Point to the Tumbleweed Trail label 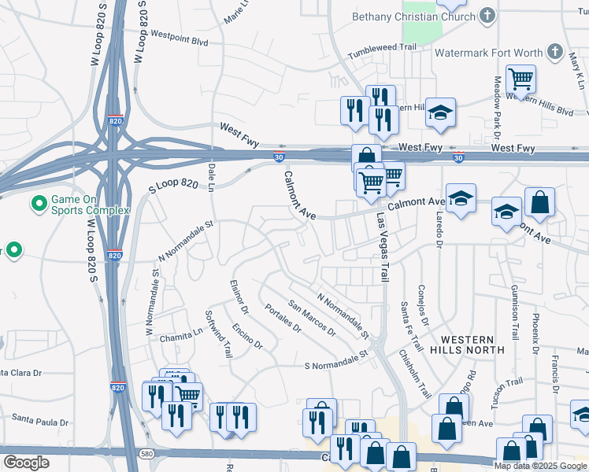pos(383,47)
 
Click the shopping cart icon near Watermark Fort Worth pos(520,79)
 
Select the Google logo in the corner pos(26,462)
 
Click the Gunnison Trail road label pos(515,312)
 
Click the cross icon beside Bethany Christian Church pos(487,15)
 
